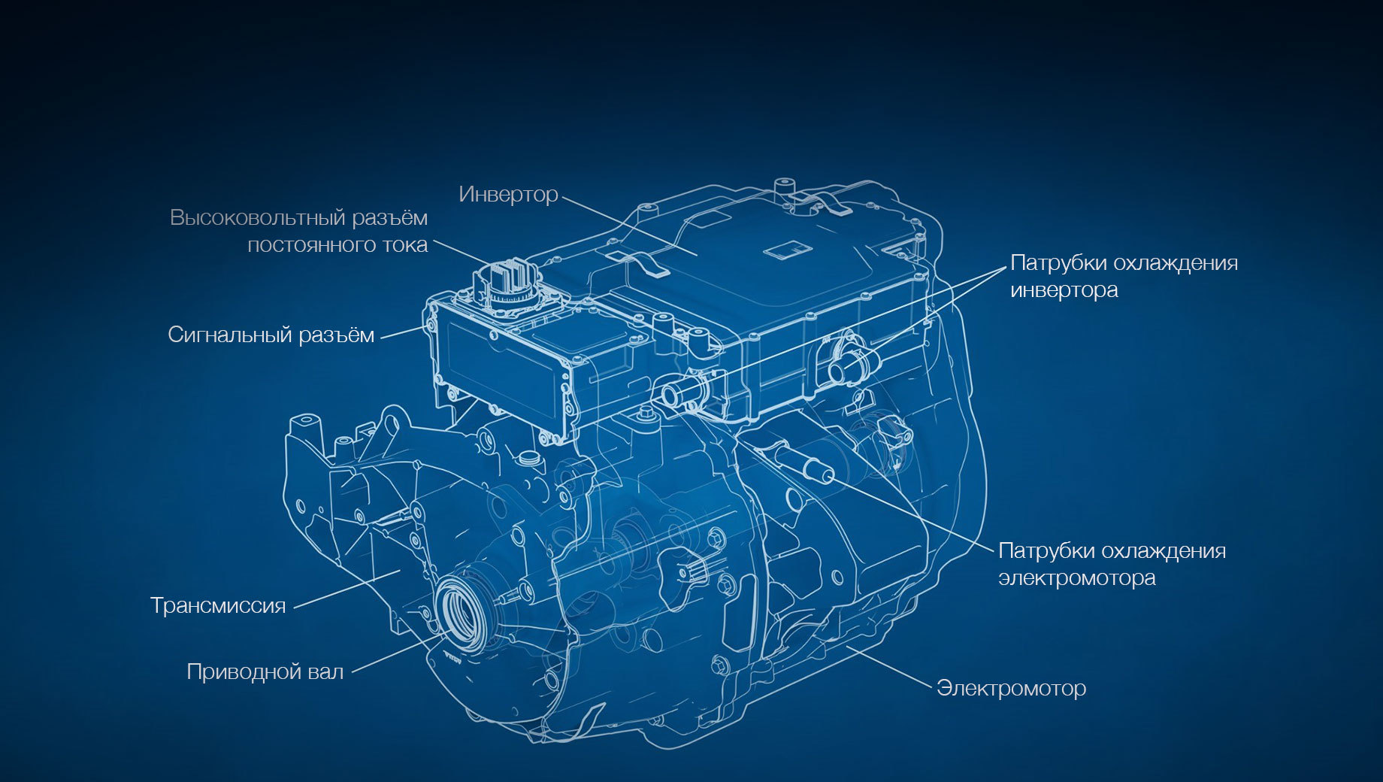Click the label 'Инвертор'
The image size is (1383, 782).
coord(508,195)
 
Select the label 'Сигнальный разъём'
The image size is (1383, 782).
coord(271,335)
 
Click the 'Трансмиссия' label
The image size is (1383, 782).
coord(218,605)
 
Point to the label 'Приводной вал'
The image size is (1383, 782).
coord(265,671)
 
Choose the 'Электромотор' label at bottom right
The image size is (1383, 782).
coord(1011,688)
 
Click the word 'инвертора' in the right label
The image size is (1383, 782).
coord(1064,290)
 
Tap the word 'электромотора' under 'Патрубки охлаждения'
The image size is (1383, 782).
coord(1076,578)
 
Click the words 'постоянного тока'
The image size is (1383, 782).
coord(337,245)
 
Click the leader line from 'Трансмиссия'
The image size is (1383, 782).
coord(347,589)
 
